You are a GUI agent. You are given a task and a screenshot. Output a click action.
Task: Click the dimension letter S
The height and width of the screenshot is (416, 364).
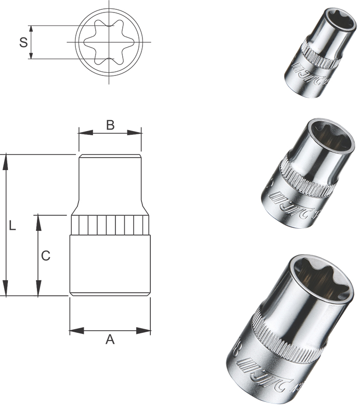pyautogui.click(x=23, y=42)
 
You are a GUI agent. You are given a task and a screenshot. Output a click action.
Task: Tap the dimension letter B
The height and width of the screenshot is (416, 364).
pyautogui.click(x=110, y=125)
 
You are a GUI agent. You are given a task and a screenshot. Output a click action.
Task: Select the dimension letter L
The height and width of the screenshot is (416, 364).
pyautogui.click(x=13, y=226)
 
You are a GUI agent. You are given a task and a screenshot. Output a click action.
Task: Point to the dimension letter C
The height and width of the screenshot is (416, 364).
pyautogui.click(x=46, y=256)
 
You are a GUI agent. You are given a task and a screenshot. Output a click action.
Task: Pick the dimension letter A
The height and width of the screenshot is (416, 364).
pyautogui.click(x=110, y=340)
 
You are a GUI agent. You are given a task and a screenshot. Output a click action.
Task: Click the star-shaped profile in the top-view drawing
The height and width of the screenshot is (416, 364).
pyautogui.click(x=109, y=42)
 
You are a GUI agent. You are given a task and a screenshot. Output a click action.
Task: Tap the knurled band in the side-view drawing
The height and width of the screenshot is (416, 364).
pyautogui.click(x=110, y=225)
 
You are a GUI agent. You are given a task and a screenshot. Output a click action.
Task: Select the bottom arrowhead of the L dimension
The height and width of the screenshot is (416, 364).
pyautogui.click(x=6, y=288)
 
